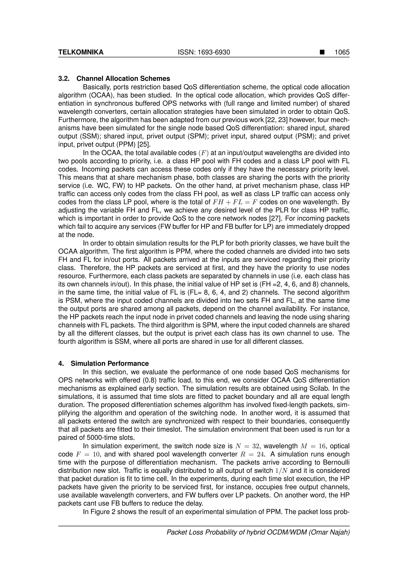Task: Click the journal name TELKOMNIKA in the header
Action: (x=81, y=52)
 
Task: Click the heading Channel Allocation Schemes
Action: (x=123, y=79)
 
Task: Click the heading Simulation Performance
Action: (x=110, y=364)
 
